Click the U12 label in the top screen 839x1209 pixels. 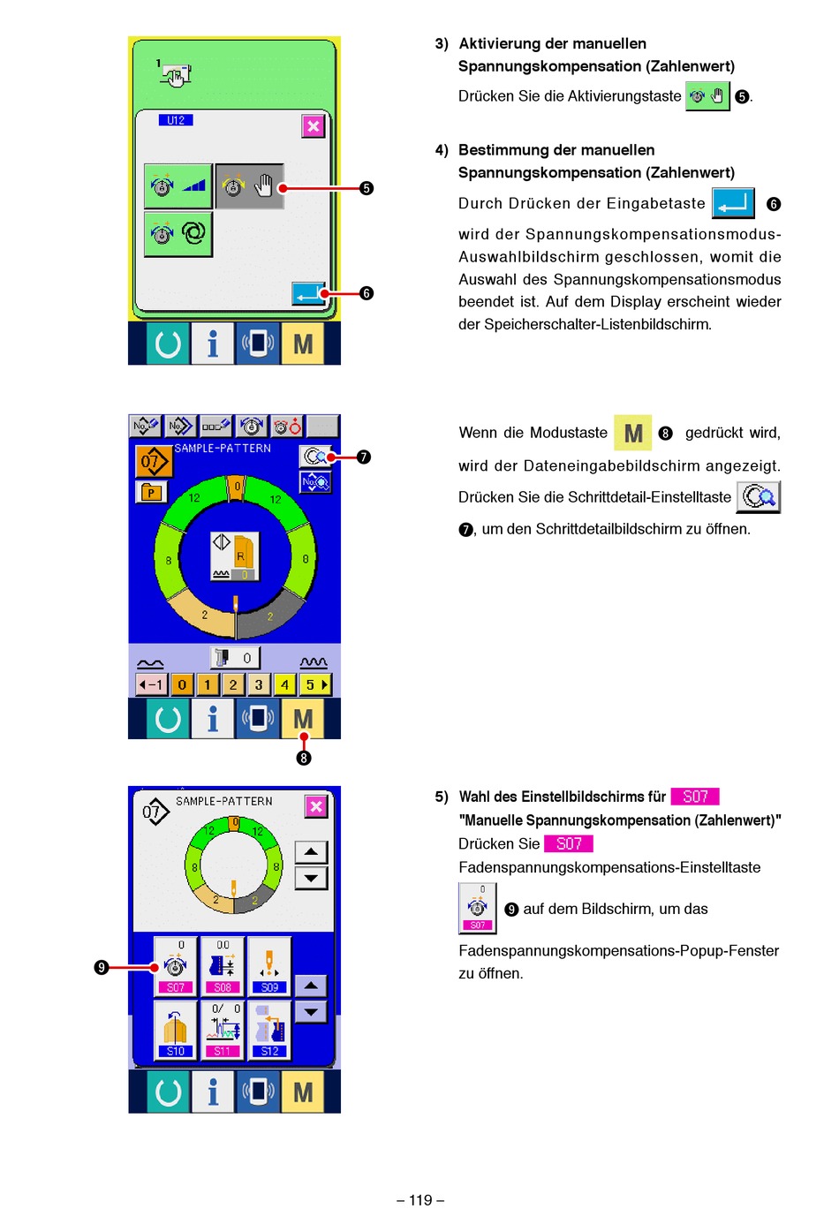(x=176, y=120)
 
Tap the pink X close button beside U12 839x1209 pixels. (x=314, y=126)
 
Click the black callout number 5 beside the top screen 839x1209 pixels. (x=367, y=188)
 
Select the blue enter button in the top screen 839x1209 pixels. (x=309, y=294)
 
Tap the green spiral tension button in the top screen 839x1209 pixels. (x=178, y=234)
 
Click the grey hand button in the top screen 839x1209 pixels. (x=250, y=186)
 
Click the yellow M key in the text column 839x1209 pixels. (x=632, y=433)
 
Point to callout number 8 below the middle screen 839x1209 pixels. (x=304, y=758)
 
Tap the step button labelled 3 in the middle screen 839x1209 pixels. (x=259, y=684)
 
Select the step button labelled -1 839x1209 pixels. (x=151, y=684)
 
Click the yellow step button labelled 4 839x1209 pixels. (x=284, y=684)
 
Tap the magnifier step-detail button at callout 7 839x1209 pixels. (x=315, y=457)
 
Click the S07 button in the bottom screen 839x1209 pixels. (x=176, y=967)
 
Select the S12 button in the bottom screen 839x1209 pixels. (x=269, y=1030)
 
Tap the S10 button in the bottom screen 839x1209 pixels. (x=176, y=1030)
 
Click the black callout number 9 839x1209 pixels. (x=102, y=967)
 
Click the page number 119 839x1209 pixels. (x=420, y=1199)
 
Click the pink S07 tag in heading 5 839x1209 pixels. (x=695, y=797)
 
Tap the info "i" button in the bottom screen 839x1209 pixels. (x=213, y=1092)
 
